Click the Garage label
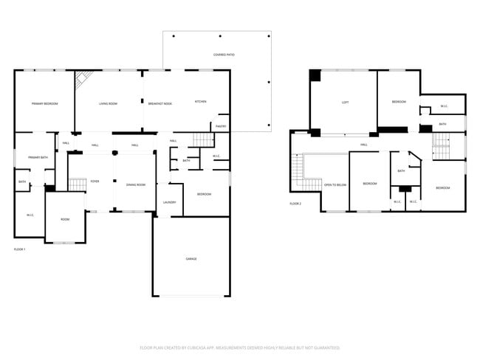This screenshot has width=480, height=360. coord(191,258)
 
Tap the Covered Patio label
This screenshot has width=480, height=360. coord(224,55)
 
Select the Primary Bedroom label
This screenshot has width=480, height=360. coord(44,103)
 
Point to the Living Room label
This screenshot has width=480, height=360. coord(109,103)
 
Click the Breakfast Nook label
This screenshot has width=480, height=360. coord(160,103)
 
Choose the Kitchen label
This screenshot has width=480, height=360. coord(200,101)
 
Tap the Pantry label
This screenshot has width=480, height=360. coord(221,126)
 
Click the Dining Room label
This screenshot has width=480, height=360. coord(136,184)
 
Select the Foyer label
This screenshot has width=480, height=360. coord(95,181)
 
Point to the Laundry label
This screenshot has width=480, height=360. coord(169,202)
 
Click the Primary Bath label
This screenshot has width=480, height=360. coord(38,157)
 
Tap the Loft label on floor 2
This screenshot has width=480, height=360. coord(345,102)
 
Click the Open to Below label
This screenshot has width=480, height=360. coord(335,185)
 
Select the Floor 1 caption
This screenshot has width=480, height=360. coord(20,249)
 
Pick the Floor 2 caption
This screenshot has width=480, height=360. coord(295,204)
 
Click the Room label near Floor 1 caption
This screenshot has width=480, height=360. coord(65,219)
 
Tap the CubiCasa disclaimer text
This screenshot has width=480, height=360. coord(239,347)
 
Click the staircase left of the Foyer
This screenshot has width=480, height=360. coord(78,184)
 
